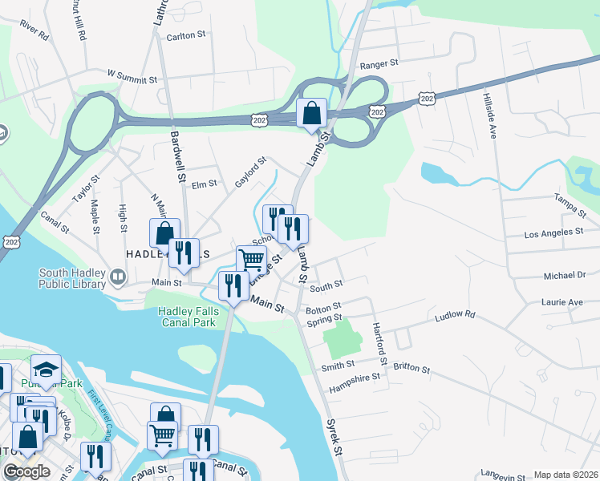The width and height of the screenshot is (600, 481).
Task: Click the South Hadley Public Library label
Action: click(72, 278)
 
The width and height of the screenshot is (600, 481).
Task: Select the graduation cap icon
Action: click(46, 370)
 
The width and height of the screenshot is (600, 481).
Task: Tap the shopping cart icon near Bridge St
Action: click(251, 260)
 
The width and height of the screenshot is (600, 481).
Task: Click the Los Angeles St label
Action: click(553, 232)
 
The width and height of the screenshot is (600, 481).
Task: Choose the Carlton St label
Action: click(187, 36)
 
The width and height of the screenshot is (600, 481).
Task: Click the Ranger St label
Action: click(379, 63)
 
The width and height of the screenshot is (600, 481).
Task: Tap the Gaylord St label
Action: click(249, 174)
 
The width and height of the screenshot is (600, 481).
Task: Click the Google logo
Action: click(26, 471)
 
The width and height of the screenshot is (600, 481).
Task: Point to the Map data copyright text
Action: click(566, 475)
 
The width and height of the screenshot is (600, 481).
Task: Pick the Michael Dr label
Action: click(565, 275)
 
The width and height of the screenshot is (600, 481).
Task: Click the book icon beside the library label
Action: click(118, 277)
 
